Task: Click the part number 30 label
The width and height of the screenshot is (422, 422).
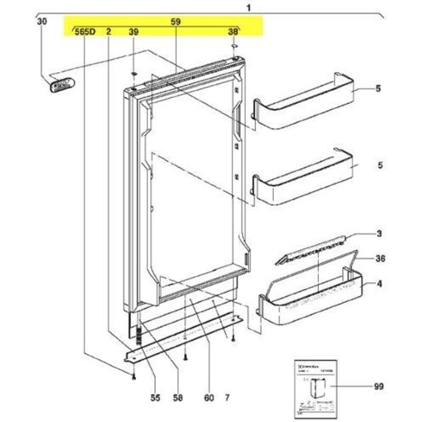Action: pos(42,22)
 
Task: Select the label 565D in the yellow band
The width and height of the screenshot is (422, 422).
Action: pos(84,32)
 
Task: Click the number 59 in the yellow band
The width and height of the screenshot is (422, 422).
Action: pos(176,22)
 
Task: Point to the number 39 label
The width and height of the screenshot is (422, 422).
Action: pos(133,32)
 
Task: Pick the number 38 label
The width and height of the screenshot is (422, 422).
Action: pos(233,32)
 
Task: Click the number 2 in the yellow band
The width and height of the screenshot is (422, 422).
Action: pos(108,32)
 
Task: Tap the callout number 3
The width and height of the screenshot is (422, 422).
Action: pos(379,233)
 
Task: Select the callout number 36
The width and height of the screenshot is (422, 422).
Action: pos(380,258)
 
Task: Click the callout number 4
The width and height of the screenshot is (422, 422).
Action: pos(379,284)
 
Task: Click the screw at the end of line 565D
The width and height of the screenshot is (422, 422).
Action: pos(133,376)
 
